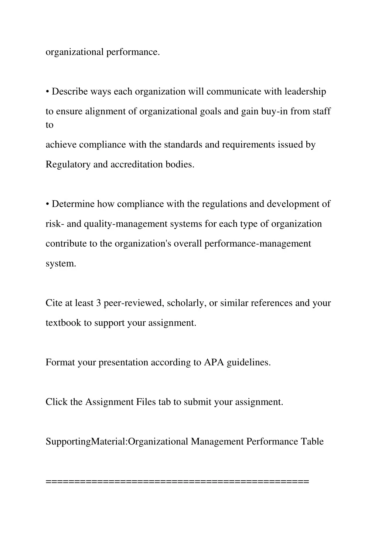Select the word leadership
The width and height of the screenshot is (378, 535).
click(305, 92)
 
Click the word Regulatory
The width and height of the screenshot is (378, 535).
click(68, 165)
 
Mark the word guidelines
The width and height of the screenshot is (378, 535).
click(248, 363)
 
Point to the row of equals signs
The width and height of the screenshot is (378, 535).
click(177, 481)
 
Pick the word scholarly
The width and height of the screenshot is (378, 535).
click(187, 303)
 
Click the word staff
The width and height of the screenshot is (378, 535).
click(321, 111)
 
